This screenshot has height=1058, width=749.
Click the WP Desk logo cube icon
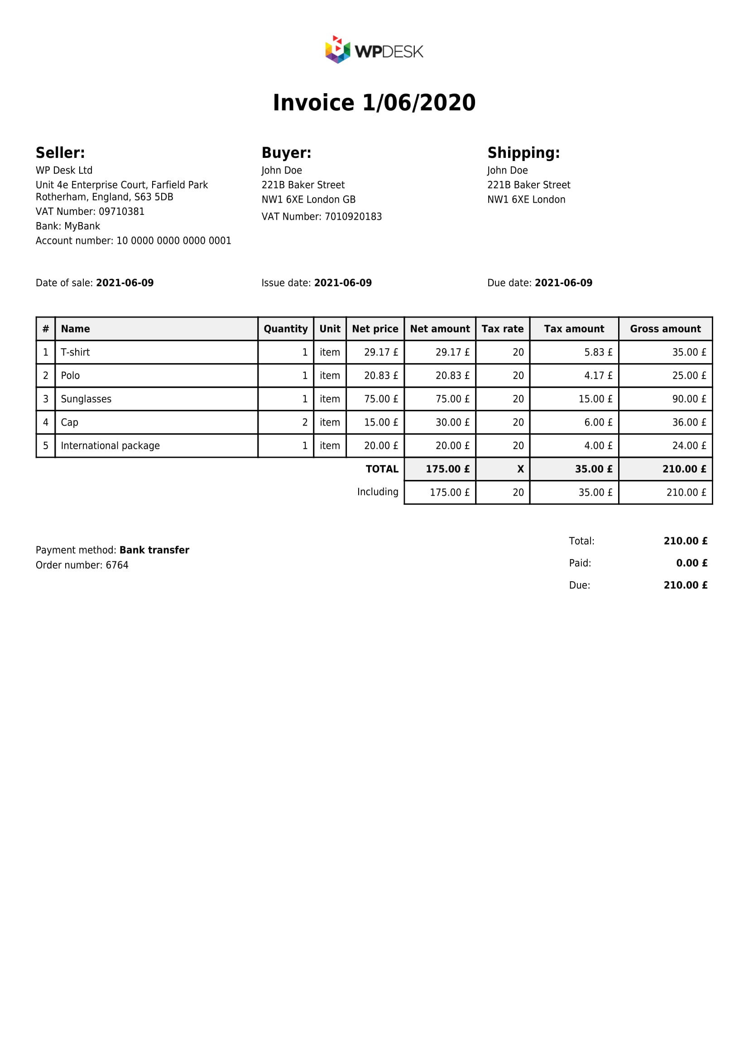(338, 50)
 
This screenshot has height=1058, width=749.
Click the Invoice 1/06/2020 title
(374, 103)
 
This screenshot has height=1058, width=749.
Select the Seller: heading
(60, 152)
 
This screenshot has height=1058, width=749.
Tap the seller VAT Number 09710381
(90, 212)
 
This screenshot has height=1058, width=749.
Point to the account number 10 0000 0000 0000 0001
(173, 241)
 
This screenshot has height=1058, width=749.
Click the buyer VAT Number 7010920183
(322, 217)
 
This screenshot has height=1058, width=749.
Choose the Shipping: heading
(523, 152)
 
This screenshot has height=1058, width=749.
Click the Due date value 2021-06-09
(563, 283)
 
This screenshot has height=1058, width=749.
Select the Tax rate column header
(502, 329)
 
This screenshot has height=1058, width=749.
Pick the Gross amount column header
(665, 329)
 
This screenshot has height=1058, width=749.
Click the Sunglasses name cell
(86, 399)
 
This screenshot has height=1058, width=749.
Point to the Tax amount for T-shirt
(598, 352)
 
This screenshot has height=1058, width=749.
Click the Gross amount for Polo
(689, 375)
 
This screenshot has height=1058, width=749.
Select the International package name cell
(110, 446)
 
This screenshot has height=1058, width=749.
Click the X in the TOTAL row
(520, 469)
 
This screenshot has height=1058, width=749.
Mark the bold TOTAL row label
(381, 469)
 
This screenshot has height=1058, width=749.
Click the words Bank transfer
(154, 550)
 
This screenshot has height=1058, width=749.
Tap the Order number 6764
(117, 565)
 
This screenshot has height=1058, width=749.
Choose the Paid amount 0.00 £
(691, 563)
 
